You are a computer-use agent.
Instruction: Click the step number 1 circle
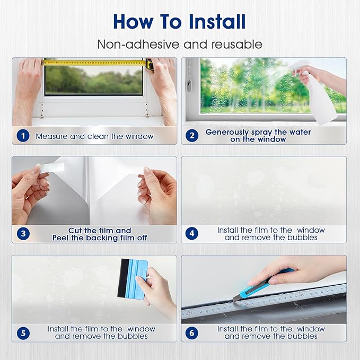pyautogui.click(x=22, y=136)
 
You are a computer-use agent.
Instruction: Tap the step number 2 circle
pyautogui.click(x=191, y=136)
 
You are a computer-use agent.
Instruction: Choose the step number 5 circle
pyautogui.click(x=22, y=332)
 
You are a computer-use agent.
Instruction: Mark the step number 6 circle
pyautogui.click(x=191, y=332)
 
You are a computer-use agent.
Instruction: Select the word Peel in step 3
pyautogui.click(x=62, y=238)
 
